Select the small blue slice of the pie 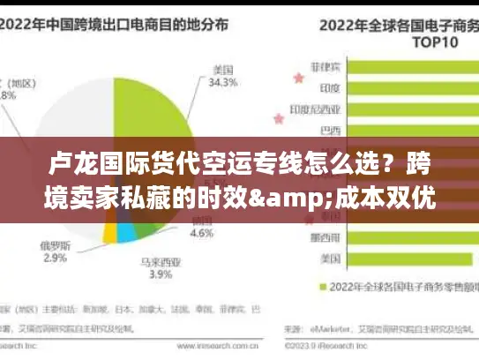coord(127,231)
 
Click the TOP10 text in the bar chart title coord(422,41)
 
